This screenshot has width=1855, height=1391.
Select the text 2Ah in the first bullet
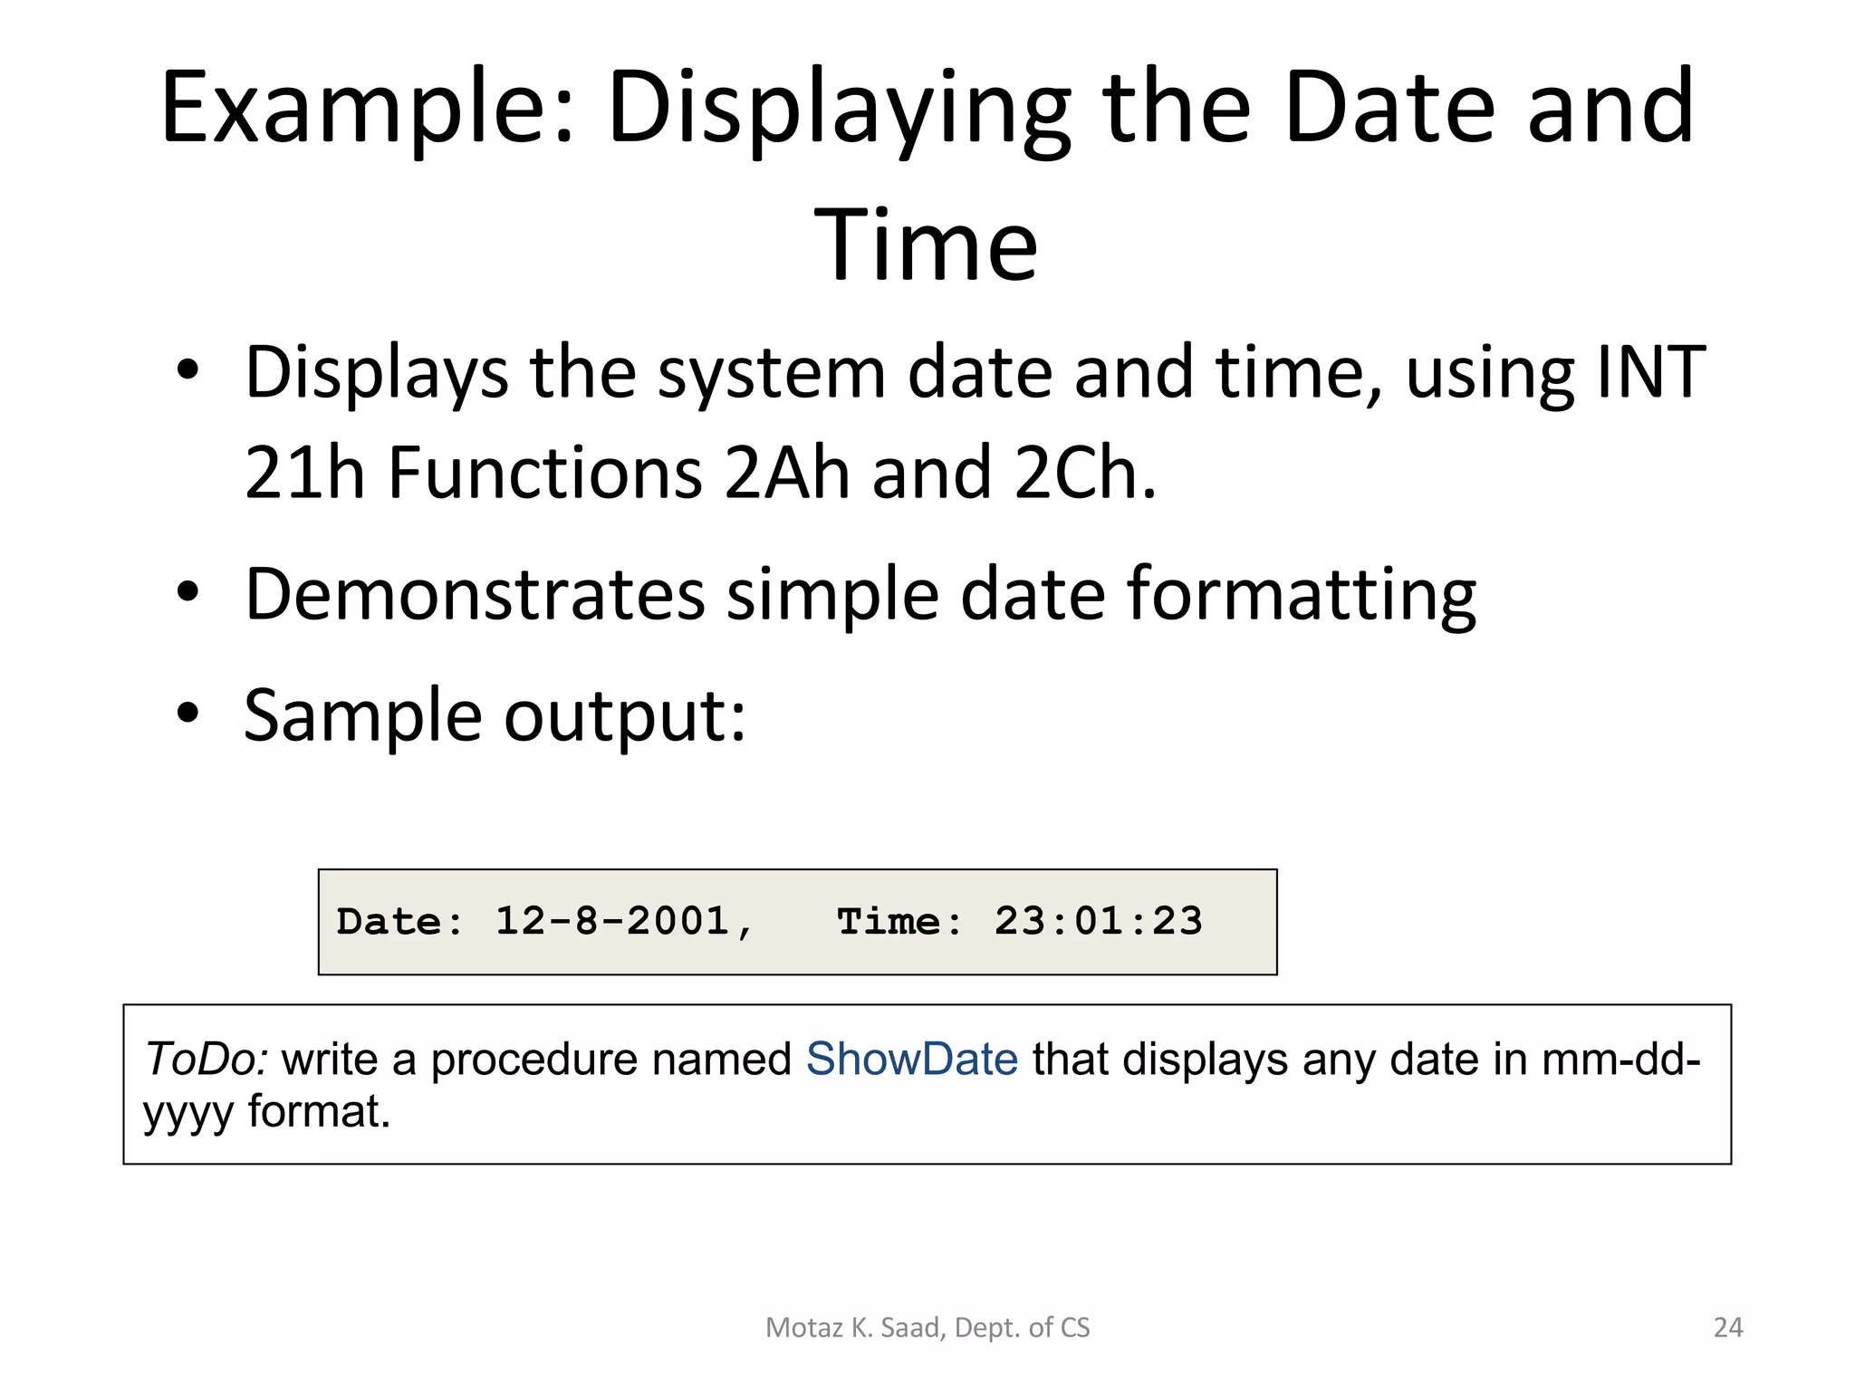[786, 474]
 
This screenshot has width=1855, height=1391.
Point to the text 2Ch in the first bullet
[1085, 474]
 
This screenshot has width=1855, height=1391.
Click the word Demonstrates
[475, 595]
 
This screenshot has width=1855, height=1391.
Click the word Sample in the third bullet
[362, 715]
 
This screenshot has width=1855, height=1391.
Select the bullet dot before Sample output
[187, 713]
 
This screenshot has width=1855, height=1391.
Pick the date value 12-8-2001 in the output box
[612, 922]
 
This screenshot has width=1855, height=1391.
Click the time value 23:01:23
[1098, 922]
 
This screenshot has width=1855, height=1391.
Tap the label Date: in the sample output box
[399, 922]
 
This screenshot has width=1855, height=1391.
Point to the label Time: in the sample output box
[899, 922]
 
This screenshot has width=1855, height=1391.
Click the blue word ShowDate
[911, 1059]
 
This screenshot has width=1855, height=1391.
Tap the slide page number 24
[1727, 1328]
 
